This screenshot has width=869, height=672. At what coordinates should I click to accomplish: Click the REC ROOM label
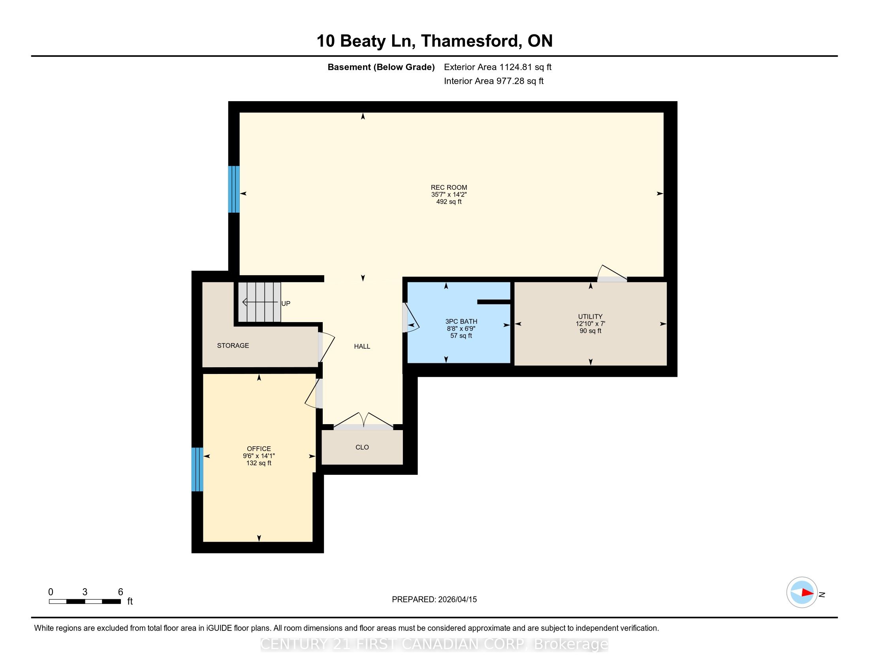[449, 187]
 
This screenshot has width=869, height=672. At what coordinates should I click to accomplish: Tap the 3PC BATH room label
[461, 321]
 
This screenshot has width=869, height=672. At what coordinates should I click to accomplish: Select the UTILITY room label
[591, 317]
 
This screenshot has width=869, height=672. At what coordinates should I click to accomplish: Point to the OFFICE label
[259, 449]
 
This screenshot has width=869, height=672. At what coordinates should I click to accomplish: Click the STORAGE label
[233, 345]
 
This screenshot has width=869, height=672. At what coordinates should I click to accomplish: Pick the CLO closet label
[362, 447]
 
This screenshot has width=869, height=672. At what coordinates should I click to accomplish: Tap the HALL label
[362, 346]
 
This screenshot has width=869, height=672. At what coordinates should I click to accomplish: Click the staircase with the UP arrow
[260, 302]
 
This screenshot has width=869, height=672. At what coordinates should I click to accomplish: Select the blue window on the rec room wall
[234, 189]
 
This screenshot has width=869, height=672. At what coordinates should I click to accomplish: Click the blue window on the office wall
[197, 469]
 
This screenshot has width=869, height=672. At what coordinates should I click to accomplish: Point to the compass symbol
[802, 593]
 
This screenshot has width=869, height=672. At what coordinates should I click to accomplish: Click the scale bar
[85, 602]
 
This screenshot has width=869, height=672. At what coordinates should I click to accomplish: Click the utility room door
[612, 274]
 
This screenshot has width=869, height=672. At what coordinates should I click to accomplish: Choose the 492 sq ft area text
[449, 202]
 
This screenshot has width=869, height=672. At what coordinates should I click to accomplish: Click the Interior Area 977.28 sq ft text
[494, 81]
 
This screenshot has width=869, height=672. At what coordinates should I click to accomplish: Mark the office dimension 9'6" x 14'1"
[259, 456]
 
